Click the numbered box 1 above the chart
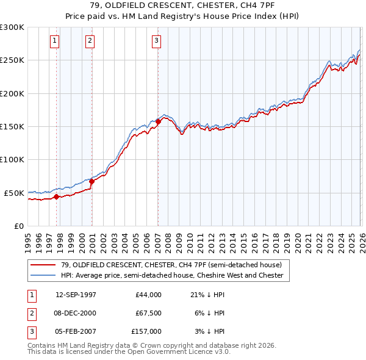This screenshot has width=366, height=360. click(54, 41)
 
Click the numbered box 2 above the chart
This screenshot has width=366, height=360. click(90, 41)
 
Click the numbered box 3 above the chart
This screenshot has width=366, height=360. click(156, 41)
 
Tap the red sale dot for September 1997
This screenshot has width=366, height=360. click(57, 196)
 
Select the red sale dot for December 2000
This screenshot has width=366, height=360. click(92, 181)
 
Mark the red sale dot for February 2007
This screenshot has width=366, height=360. click(158, 121)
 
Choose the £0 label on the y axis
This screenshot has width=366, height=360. click(18, 226)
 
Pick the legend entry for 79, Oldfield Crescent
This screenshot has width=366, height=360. click(171, 265)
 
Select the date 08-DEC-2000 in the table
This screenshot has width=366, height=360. click(76, 313)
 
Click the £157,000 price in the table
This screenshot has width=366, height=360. click(146, 331)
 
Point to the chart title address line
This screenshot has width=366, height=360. click(183, 5)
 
